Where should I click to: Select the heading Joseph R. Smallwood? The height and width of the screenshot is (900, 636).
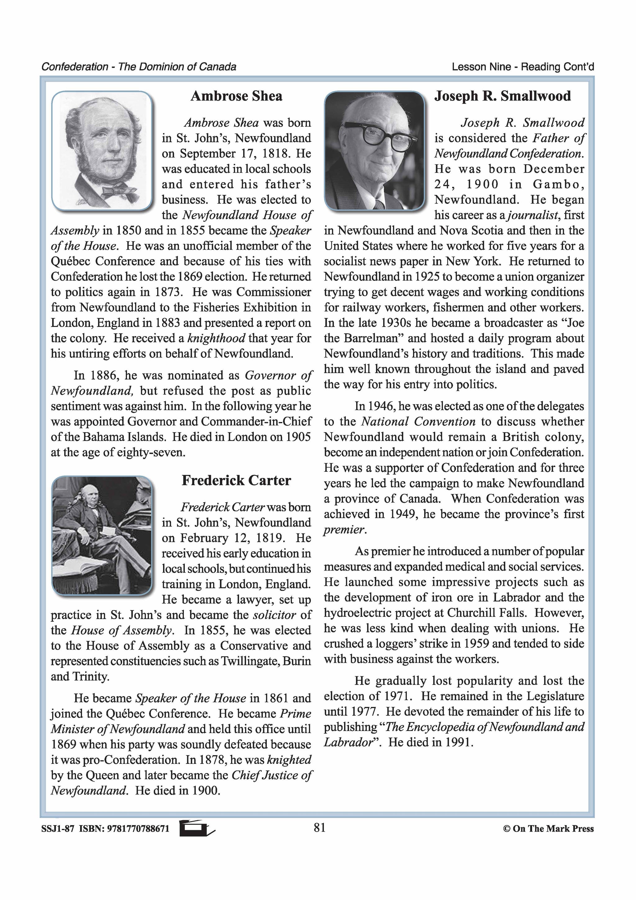pos(502,96)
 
